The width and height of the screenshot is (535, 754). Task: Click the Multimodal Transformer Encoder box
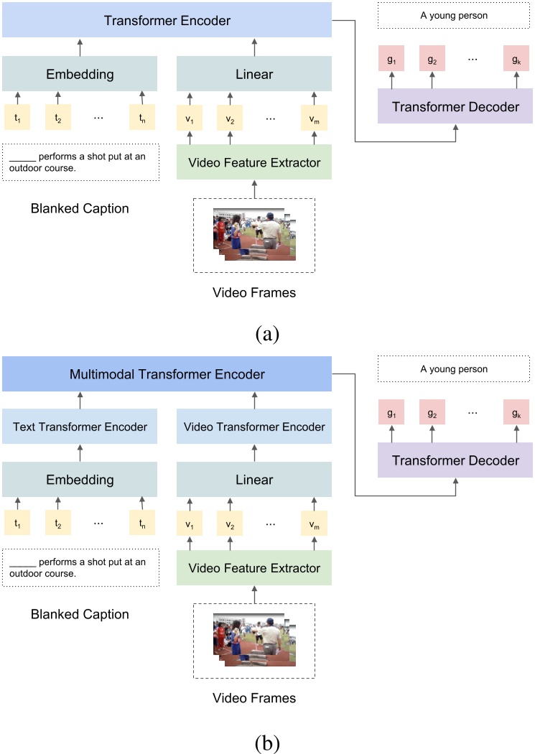coord(167,374)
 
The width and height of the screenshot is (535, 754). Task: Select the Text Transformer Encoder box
coord(80,427)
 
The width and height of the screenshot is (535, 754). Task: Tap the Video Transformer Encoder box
coord(254,427)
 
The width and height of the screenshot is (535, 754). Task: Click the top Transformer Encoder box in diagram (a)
coord(167,20)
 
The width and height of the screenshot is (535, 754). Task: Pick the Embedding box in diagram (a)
coord(80,74)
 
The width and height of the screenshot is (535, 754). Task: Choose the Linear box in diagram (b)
coord(254,479)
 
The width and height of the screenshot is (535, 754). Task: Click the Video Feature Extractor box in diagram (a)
coord(254,162)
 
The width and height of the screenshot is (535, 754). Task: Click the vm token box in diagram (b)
coord(315,524)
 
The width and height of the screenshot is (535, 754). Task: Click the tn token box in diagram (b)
coord(142,524)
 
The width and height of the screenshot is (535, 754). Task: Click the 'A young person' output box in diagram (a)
coord(455,16)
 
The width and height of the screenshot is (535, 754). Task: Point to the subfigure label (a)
coord(267,333)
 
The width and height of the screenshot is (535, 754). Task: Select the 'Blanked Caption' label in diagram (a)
coord(80,209)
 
